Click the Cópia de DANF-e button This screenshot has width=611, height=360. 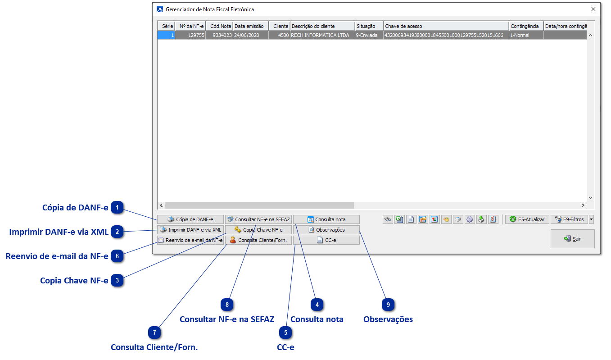[190, 219]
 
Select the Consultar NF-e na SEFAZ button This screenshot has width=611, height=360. [258, 219]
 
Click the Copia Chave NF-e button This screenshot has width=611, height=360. [258, 230]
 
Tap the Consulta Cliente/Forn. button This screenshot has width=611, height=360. [258, 240]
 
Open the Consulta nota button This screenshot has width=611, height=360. [326, 219]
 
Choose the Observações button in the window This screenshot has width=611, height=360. [326, 230]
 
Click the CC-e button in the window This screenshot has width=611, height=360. [326, 240]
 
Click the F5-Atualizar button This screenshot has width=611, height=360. [527, 219]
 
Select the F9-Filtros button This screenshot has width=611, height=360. [569, 219]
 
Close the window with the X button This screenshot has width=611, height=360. [593, 9]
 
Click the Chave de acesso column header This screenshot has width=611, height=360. [446, 26]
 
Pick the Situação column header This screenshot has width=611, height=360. [369, 26]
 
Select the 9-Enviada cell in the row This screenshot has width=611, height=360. [369, 35]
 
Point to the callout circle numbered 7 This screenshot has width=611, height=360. [154, 333]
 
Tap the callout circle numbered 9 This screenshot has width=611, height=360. [388, 305]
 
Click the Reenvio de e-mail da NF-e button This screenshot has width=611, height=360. [190, 240]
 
